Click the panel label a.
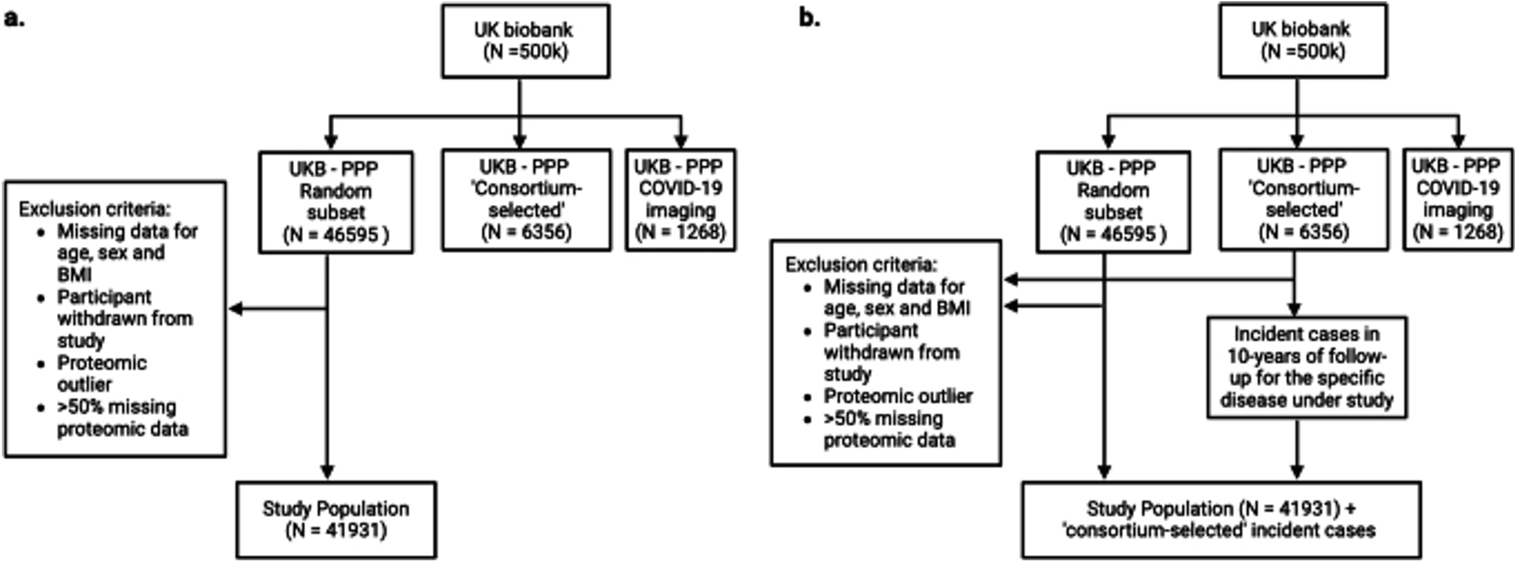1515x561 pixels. [x=14, y=19]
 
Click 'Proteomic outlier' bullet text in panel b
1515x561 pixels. [x=898, y=396]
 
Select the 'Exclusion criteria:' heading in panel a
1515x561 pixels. [x=95, y=210]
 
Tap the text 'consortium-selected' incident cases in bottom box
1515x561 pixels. [x=1218, y=530]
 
